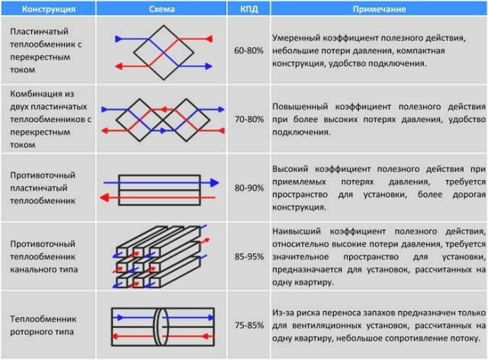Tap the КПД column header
click(250, 8)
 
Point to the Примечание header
click(378, 8)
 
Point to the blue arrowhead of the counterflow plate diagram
click(215, 183)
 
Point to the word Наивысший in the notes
click(302, 230)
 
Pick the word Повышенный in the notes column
click(304, 105)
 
